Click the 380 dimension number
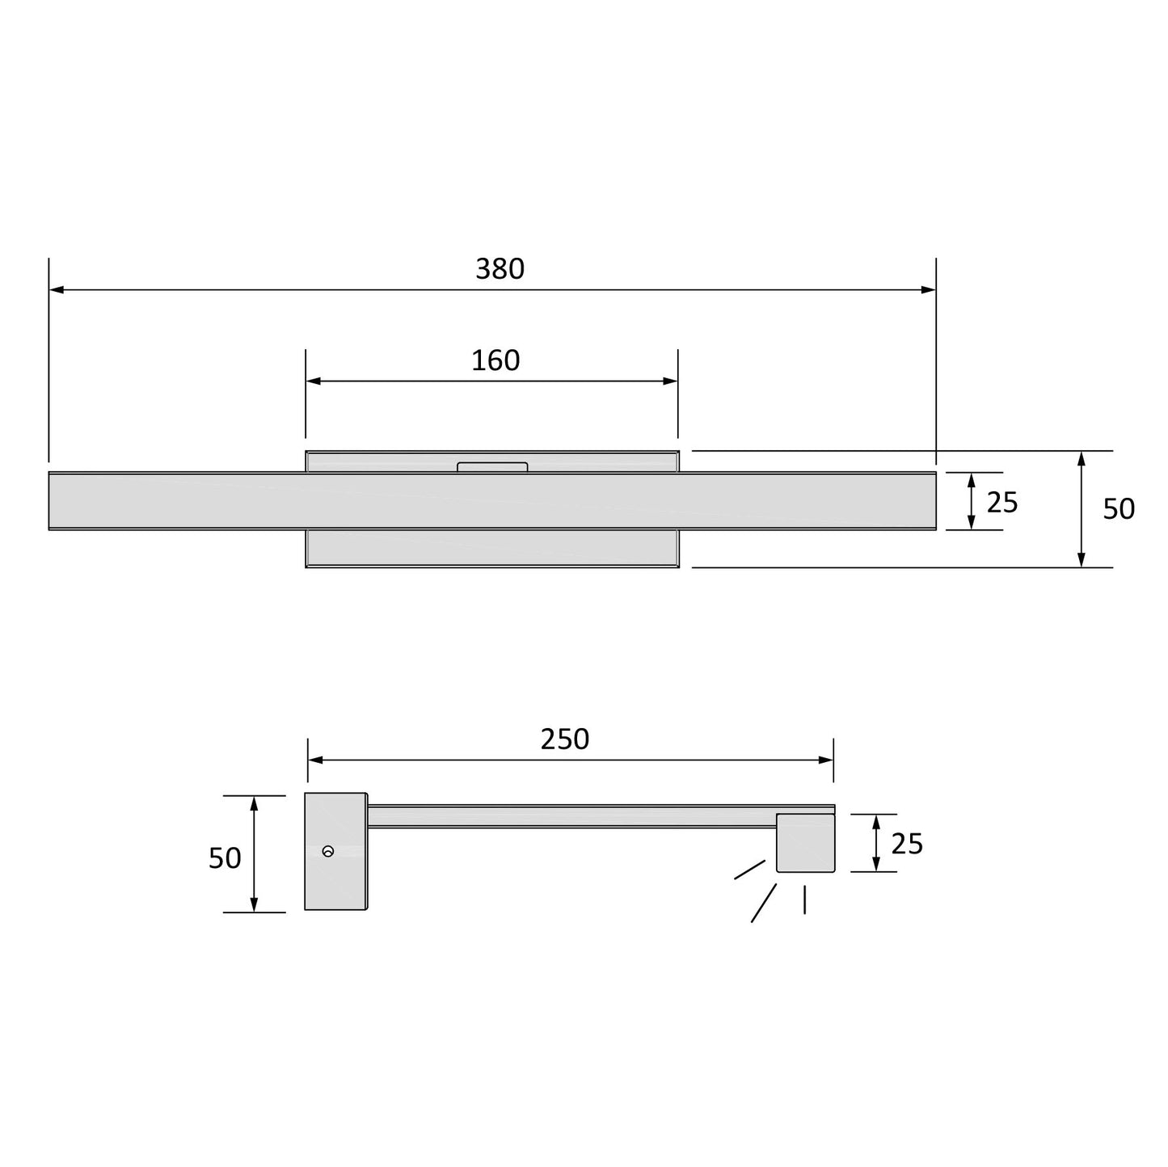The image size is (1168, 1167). [x=500, y=269]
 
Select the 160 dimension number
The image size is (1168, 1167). [x=495, y=360]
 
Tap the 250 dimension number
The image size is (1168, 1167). [x=565, y=739]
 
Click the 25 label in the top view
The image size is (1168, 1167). [x=1002, y=503]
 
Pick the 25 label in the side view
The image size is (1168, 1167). [x=907, y=844]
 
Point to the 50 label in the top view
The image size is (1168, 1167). [x=1119, y=508]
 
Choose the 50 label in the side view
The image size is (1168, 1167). [x=225, y=857]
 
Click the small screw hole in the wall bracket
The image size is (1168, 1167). [x=327, y=851]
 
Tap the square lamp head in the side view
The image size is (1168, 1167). [x=805, y=843]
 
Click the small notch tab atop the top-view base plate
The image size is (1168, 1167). [x=492, y=467]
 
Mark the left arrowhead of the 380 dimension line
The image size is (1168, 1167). [x=55, y=289]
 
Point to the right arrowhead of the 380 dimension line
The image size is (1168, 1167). [x=930, y=289]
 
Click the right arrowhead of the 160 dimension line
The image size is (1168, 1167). [x=672, y=381]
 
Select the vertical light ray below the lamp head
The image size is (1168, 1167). [x=804, y=899]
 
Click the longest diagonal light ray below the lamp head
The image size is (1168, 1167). [x=764, y=903]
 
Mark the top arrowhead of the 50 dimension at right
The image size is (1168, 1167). [x=1081, y=458]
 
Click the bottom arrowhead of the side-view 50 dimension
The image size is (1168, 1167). [x=254, y=906]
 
